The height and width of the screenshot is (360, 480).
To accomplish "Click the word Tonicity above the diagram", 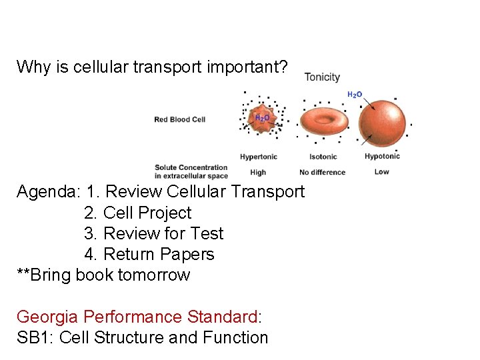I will tap(322, 77).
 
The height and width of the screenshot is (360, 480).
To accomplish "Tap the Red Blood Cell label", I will tap(179, 119).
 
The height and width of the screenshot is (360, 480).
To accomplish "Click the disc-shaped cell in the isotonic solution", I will tap(323, 121).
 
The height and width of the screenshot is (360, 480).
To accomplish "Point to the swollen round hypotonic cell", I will tap(382, 122).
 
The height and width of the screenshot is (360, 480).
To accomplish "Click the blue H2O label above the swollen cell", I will tap(355, 95).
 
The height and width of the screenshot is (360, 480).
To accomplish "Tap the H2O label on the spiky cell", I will tap(262, 118).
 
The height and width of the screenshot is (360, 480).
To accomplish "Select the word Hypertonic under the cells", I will tap(259, 157).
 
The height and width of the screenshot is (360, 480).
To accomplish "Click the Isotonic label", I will tap(323, 157).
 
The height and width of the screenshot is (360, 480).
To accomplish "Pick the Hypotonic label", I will tap(382, 156).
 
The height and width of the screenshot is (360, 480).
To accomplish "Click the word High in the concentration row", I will tap(258, 172).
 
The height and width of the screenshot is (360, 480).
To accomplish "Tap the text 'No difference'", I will tap(322, 172).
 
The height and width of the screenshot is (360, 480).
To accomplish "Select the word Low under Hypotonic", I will tap(381, 171).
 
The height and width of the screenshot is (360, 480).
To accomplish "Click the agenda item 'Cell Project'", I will tap(147, 213).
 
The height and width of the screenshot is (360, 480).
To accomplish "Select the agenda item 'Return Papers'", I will tap(159, 254).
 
